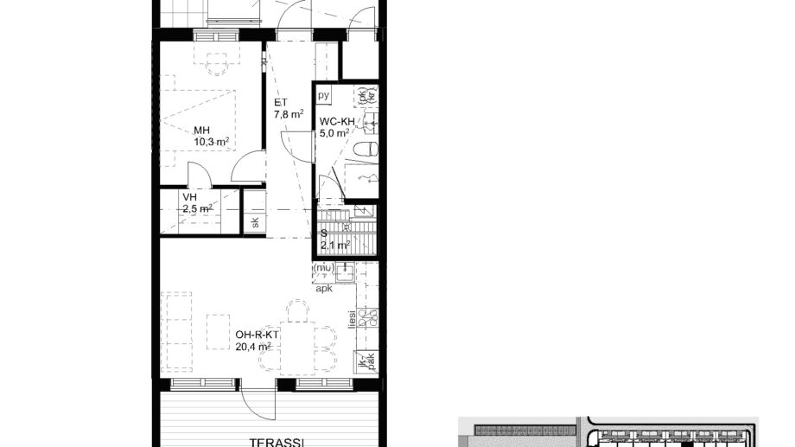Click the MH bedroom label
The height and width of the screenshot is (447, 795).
tap(201, 131)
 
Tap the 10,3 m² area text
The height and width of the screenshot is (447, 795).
tap(211, 143)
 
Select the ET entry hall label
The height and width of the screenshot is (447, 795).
tap(280, 102)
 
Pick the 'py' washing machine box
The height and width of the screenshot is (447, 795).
tap(325, 94)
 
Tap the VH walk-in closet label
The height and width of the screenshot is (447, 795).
tap(189, 197)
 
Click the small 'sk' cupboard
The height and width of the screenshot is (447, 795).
tap(255, 221)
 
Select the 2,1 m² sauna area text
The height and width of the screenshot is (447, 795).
tap(334, 245)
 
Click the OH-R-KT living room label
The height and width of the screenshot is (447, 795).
tap(255, 335)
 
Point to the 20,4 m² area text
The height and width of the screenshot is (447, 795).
tap(253, 347)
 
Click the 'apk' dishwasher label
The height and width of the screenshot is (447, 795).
tap(324, 289)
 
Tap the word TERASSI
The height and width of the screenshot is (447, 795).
tap(276, 442)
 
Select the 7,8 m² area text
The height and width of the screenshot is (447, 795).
tap(289, 114)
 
